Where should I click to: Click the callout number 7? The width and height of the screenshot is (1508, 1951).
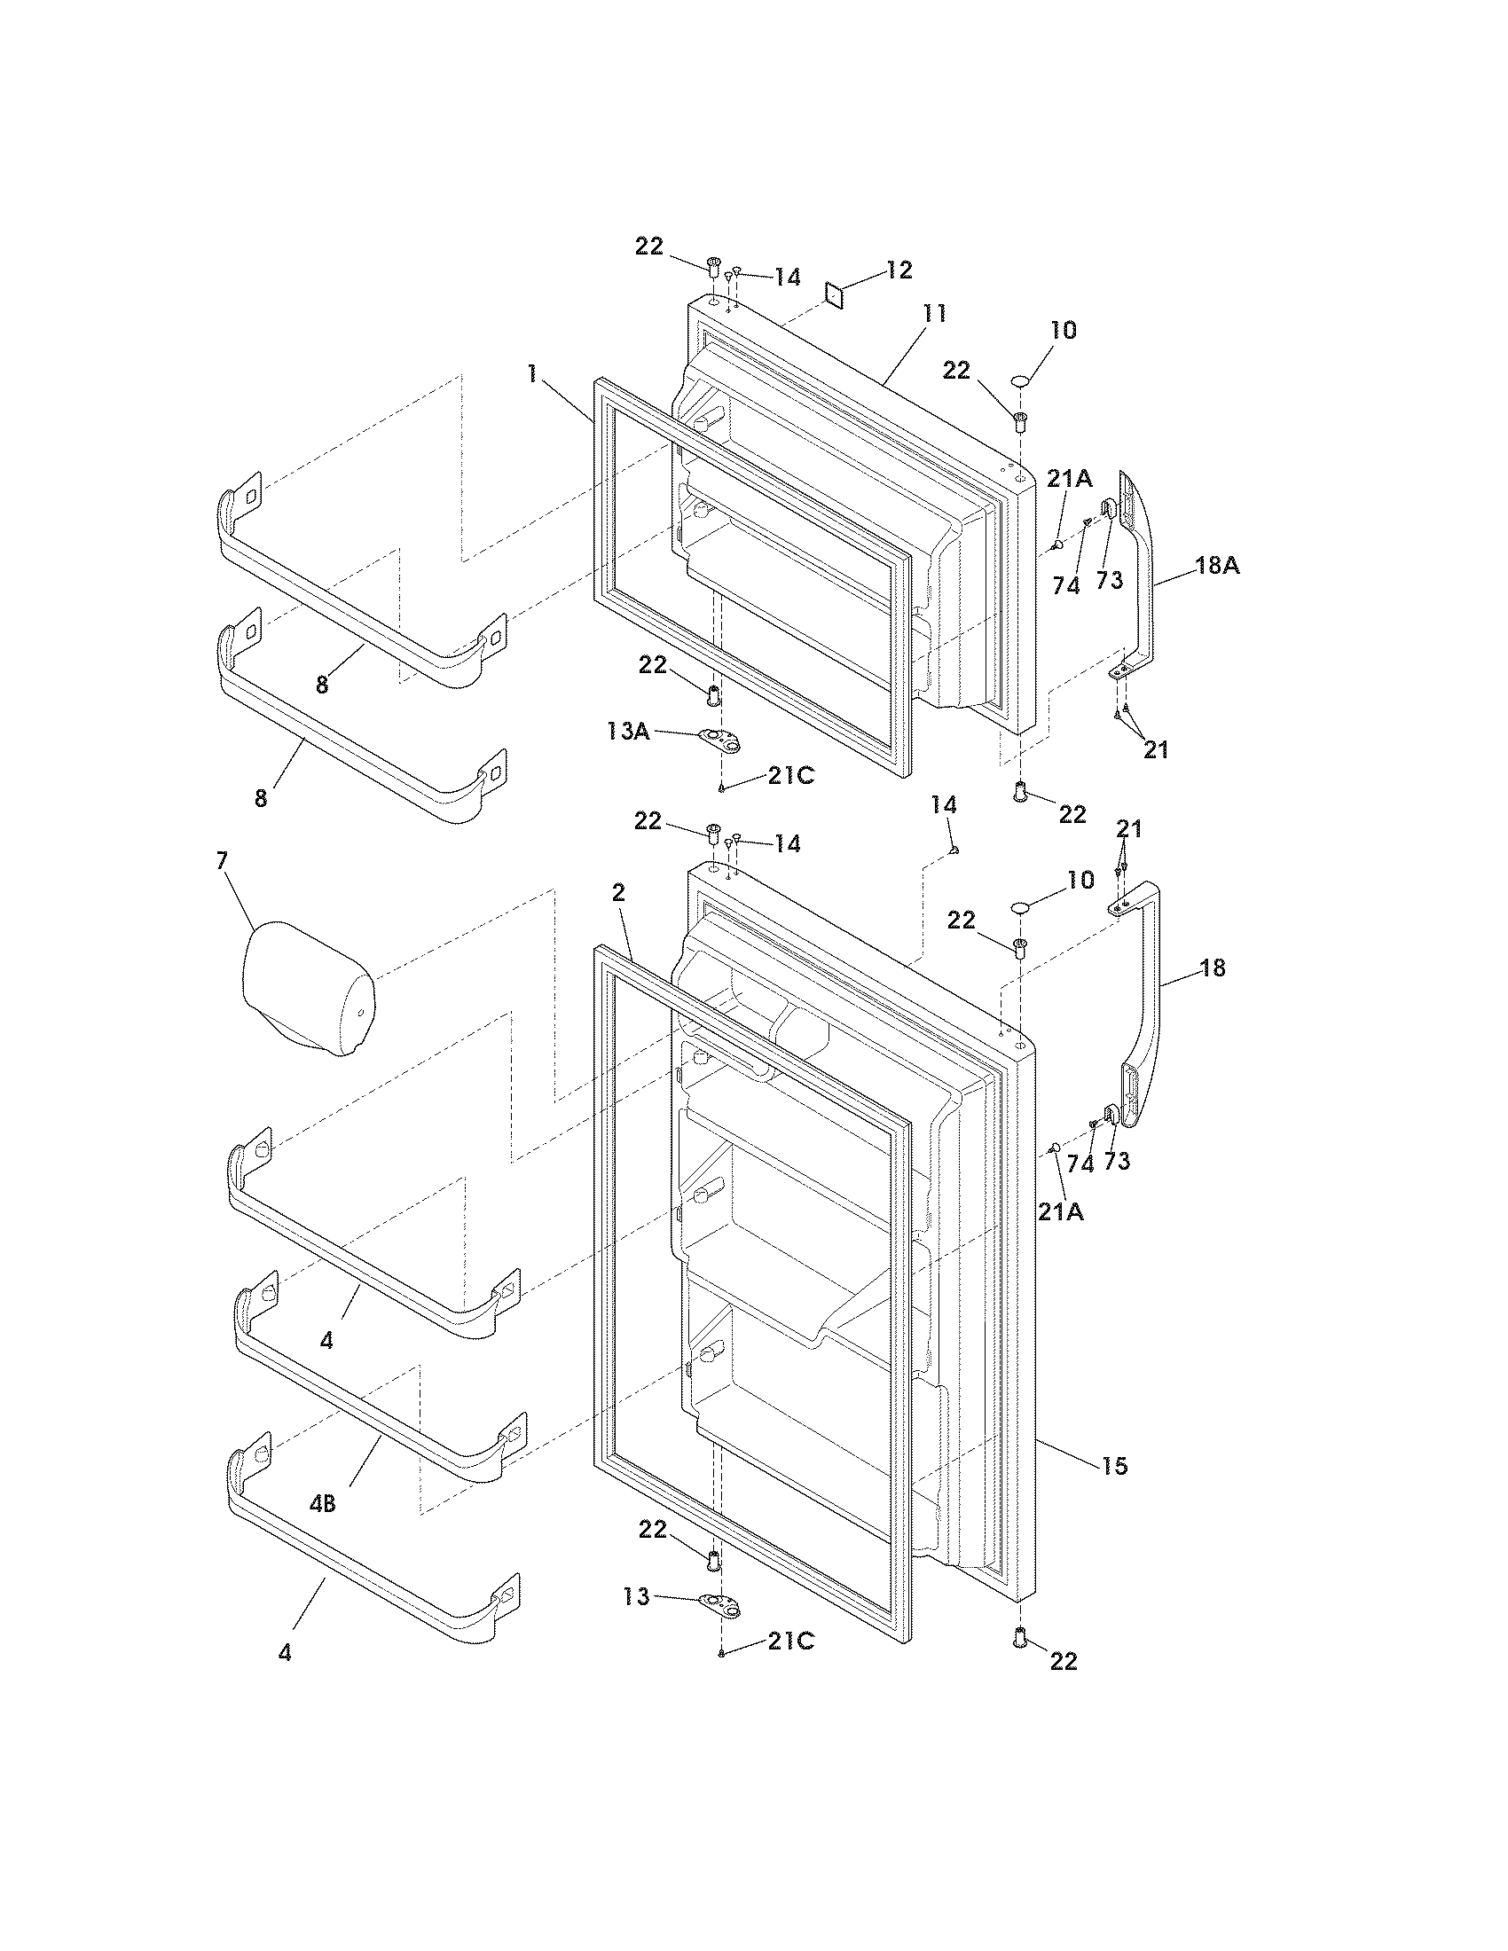[x=222, y=860]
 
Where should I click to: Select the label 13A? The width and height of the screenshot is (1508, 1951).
[x=627, y=732]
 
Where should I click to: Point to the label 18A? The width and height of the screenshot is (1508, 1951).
[x=1218, y=566]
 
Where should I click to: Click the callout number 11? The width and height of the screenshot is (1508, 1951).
[x=934, y=314]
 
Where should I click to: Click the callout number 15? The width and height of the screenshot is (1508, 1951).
[x=1115, y=1465]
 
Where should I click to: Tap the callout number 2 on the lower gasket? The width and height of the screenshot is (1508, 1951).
[x=618, y=892]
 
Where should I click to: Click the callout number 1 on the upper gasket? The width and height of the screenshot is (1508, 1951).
[x=532, y=373]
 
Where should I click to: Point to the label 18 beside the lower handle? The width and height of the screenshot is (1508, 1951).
[x=1213, y=968]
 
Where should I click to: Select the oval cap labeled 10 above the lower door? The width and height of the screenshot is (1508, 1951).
[x=1020, y=907]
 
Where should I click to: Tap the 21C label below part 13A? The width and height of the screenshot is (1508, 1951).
[x=789, y=776]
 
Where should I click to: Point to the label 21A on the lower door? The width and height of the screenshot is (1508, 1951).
[x=1061, y=1211]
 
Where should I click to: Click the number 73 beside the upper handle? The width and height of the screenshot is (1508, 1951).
[x=1109, y=580]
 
